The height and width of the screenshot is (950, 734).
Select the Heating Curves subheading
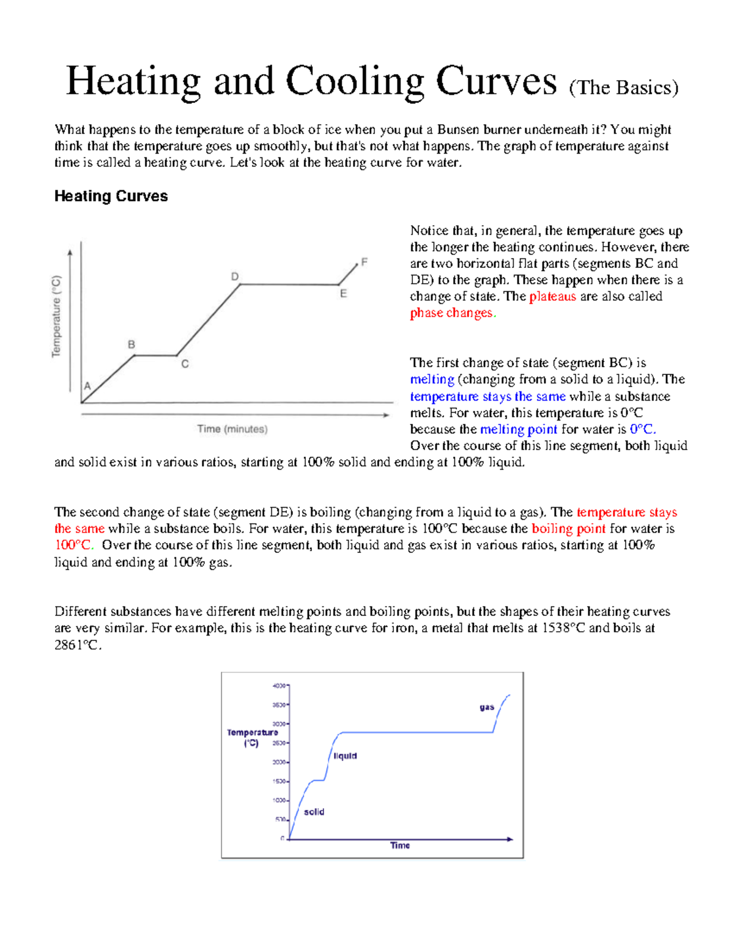(111, 196)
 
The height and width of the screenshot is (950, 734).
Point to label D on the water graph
(235, 276)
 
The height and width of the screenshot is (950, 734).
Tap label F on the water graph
(365, 262)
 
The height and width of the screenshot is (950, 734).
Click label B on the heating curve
(131, 344)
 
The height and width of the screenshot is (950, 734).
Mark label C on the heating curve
(185, 364)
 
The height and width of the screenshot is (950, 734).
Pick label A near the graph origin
(87, 386)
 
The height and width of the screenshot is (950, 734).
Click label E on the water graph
(343, 294)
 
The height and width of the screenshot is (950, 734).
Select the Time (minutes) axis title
(232, 429)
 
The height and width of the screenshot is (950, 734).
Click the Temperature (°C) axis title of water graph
(56, 316)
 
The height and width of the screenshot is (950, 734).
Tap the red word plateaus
(552, 297)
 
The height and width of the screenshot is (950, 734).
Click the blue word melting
(432, 379)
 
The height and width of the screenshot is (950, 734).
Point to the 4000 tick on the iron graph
(278, 686)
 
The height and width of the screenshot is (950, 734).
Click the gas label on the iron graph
(487, 707)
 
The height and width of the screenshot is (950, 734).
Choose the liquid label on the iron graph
(345, 756)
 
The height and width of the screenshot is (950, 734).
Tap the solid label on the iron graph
(314, 812)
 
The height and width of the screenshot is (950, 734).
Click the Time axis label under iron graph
(400, 845)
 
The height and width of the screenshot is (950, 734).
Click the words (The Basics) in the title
(623, 88)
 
